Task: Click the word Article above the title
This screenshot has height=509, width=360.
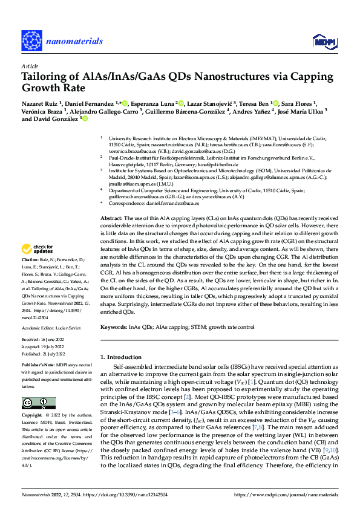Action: tap(29, 65)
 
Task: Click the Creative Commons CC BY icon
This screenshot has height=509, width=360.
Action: tap(39, 403)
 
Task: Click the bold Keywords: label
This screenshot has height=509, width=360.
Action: tap(114, 326)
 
